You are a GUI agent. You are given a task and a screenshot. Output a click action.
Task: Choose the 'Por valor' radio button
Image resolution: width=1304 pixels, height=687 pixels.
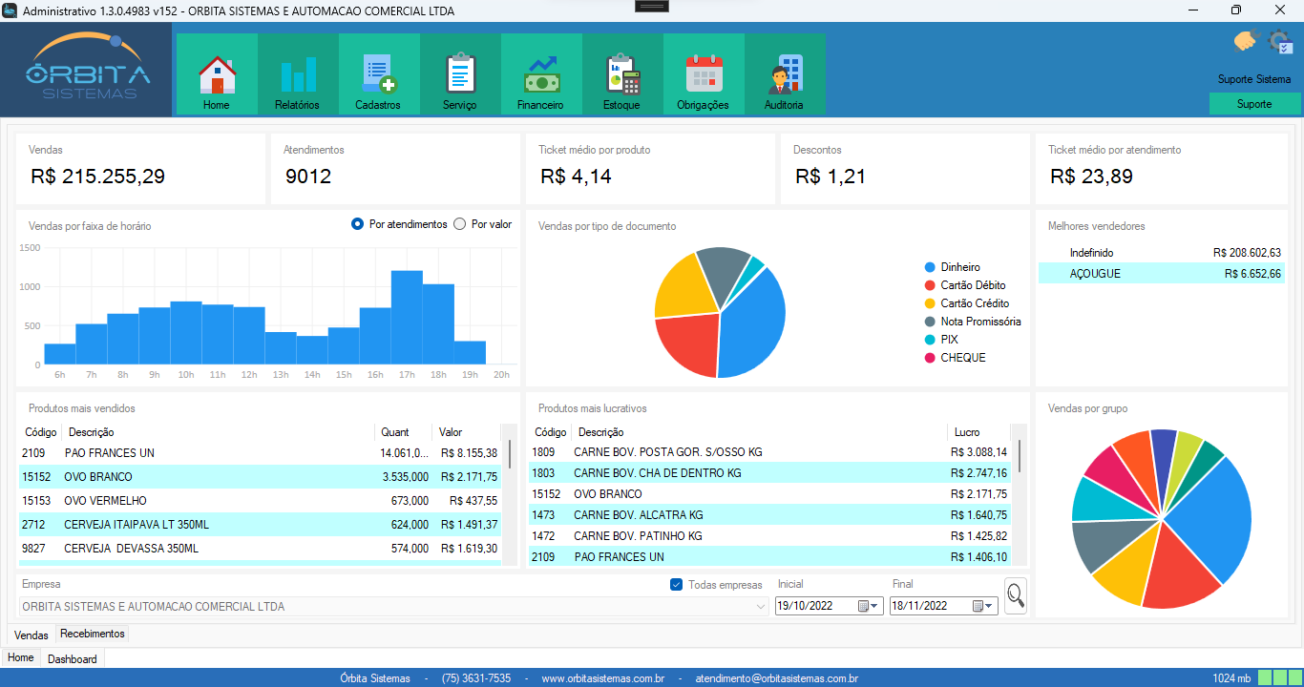pos(460,224)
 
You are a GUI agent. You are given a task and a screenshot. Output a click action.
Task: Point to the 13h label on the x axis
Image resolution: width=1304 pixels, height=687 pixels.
pos(281,375)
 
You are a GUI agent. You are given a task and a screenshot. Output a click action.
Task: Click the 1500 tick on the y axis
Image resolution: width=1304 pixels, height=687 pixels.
pos(30,248)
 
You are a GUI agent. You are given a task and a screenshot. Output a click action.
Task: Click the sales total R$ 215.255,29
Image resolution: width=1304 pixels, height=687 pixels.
pos(97,177)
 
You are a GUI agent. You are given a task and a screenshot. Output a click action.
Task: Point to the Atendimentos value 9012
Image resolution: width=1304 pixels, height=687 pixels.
pos(308,177)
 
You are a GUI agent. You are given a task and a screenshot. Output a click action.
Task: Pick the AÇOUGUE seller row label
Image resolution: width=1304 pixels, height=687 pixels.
pos(1095,274)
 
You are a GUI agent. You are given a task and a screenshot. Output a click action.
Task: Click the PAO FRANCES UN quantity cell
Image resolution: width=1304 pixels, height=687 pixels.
pos(404,453)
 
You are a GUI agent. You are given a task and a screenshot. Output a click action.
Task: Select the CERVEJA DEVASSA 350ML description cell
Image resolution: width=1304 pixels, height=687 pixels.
pos(132,549)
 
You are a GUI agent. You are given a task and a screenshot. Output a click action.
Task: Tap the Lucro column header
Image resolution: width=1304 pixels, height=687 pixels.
pos(967,432)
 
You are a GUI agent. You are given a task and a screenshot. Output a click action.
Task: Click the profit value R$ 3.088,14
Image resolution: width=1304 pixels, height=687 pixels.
pos(978,452)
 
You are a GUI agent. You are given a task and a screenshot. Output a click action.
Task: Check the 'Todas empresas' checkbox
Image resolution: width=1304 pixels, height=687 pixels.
pos(677,585)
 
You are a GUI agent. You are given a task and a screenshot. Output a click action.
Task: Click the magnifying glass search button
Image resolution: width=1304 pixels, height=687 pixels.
pos(1016,595)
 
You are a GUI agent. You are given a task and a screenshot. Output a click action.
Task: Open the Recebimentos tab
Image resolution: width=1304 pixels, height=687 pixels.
pos(93,634)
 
